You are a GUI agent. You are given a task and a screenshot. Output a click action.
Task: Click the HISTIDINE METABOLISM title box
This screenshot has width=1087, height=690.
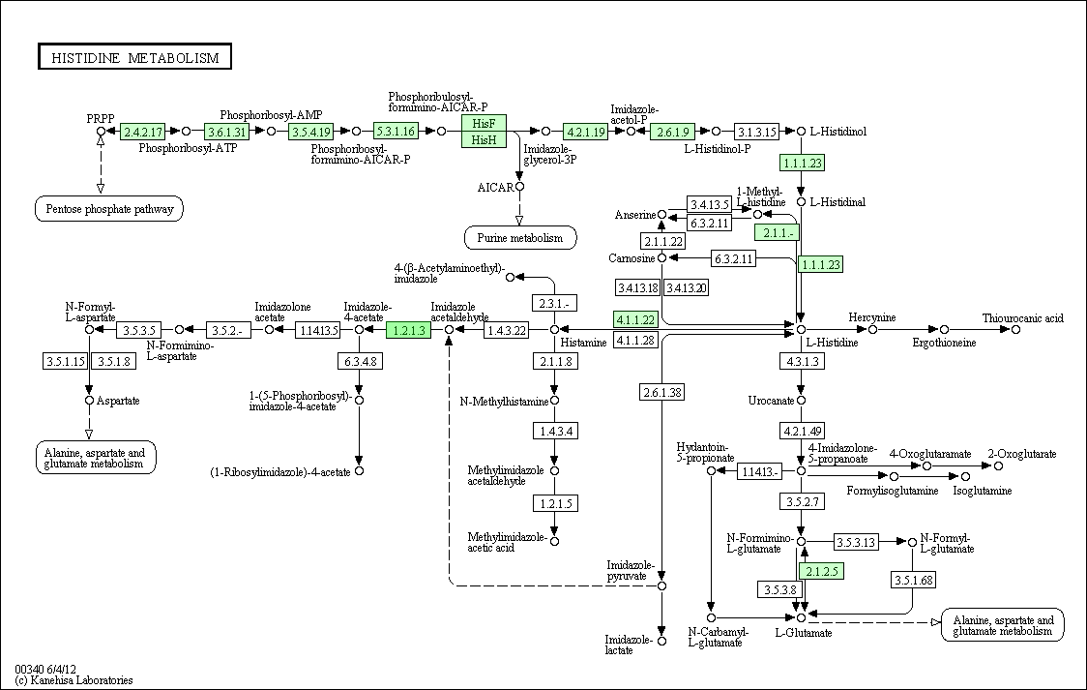134,57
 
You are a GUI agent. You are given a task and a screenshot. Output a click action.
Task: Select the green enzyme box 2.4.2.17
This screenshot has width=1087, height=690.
143,131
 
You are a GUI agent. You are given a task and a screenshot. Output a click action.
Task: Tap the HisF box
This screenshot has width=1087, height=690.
484,124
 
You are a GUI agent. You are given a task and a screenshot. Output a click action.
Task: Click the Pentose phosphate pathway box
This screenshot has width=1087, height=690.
109,209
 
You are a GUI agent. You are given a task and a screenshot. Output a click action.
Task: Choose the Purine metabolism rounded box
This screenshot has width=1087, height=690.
520,238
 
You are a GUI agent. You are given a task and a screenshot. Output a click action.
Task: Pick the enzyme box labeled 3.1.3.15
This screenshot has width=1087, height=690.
756,131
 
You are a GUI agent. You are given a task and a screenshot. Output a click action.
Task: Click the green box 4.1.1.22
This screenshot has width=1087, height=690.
635,319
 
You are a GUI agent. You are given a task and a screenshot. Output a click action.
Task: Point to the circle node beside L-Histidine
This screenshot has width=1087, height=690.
801,329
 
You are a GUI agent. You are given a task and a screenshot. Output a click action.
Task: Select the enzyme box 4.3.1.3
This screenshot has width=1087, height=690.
802,361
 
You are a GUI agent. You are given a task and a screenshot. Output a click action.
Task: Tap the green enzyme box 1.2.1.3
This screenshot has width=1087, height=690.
409,330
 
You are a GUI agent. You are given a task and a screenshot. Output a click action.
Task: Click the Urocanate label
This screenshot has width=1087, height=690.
771,401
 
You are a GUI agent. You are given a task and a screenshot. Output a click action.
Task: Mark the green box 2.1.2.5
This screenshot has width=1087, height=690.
821,571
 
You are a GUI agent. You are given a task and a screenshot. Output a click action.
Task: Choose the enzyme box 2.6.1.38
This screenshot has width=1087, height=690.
662,393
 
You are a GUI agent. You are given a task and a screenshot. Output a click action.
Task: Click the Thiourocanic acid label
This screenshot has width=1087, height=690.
1022,318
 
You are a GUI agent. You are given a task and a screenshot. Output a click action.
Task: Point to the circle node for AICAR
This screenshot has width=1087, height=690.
520,187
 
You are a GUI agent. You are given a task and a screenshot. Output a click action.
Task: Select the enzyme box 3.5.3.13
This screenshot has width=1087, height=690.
856,542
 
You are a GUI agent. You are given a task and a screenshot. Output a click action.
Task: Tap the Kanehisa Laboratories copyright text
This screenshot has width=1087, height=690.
73,680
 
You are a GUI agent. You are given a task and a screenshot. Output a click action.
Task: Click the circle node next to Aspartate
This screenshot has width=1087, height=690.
89,401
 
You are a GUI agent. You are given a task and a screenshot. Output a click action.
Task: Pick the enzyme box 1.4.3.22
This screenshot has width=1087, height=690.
506,330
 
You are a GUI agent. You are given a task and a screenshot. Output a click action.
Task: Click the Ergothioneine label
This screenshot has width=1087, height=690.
944,344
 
